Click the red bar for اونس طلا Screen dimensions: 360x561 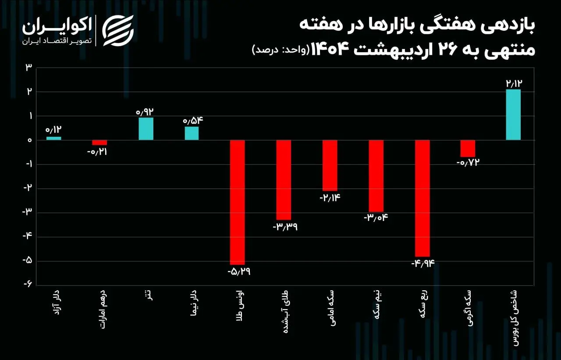(238, 202)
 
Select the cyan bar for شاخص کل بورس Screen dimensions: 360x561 (513, 114)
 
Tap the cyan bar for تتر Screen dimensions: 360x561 (146, 128)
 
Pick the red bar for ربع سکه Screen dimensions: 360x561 (423, 198)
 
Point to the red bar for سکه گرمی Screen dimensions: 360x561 (468, 148)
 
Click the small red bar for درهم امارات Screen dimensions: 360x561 (99, 143)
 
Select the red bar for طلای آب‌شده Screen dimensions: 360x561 (284, 180)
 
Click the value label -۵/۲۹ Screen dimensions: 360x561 (239, 271)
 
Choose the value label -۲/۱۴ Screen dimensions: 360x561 (330, 197)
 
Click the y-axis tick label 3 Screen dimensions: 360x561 (28, 68)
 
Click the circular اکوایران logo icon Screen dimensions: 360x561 (118, 30)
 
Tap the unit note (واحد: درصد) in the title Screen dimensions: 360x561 (280, 50)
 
